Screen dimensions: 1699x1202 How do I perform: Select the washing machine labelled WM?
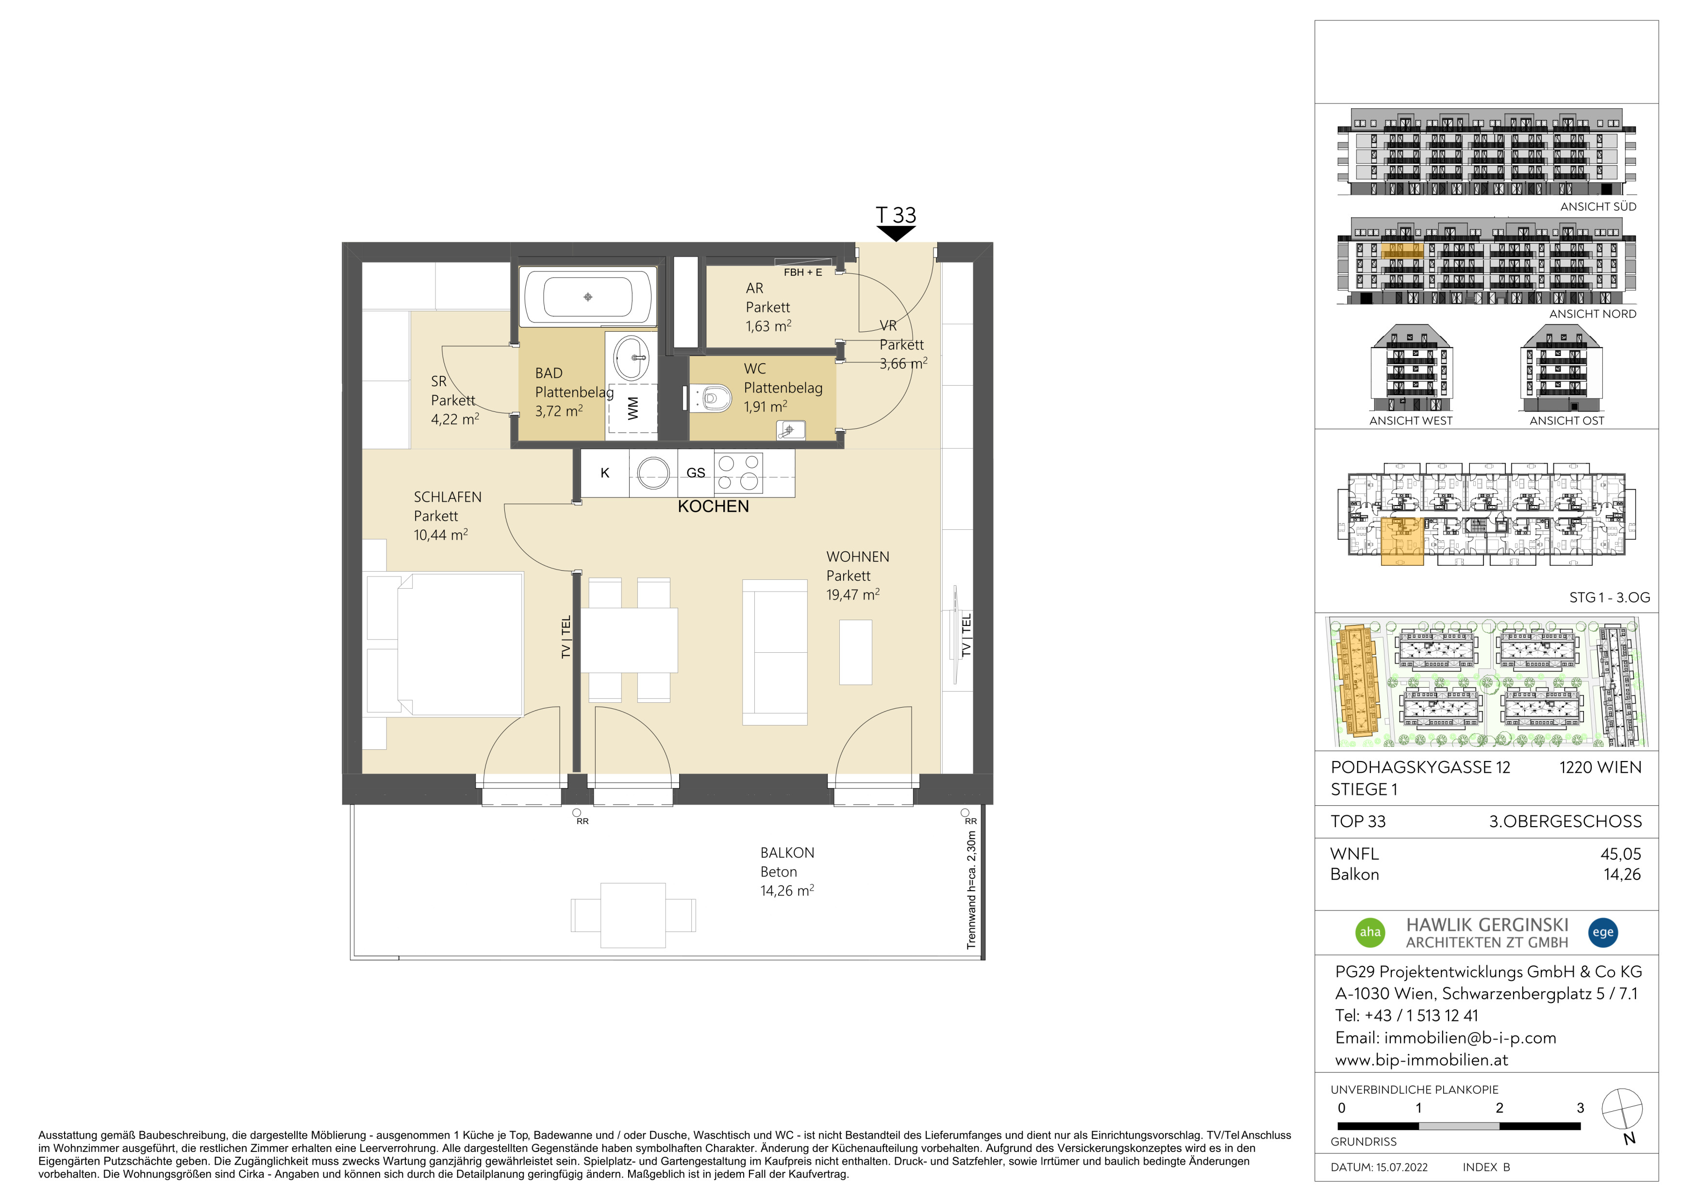632,408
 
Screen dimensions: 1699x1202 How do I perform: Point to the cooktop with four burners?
738,474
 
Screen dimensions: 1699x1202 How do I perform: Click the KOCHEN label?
714,506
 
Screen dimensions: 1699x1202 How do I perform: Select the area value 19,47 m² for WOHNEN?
853,594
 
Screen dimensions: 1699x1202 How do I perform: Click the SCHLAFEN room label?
448,497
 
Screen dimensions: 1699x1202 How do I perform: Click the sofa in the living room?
775,652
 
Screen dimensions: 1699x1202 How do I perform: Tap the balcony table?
633,915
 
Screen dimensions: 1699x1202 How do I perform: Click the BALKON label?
787,853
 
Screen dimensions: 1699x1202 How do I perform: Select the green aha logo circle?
1370,932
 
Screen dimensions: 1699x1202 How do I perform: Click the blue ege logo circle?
1603,932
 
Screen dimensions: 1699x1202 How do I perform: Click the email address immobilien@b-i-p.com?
1470,1038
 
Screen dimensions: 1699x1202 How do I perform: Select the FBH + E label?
803,272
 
